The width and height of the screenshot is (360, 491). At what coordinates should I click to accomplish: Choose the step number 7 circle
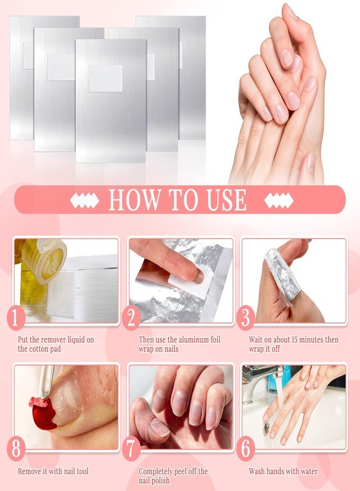tap(131, 450)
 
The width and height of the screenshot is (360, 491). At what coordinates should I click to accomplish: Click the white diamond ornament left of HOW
tap(85, 201)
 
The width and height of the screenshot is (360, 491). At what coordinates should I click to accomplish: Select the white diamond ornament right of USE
tap(279, 201)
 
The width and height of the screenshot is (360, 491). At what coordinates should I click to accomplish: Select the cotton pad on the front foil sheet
tap(105, 78)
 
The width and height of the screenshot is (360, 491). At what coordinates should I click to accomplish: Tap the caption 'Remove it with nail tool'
tap(53, 471)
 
